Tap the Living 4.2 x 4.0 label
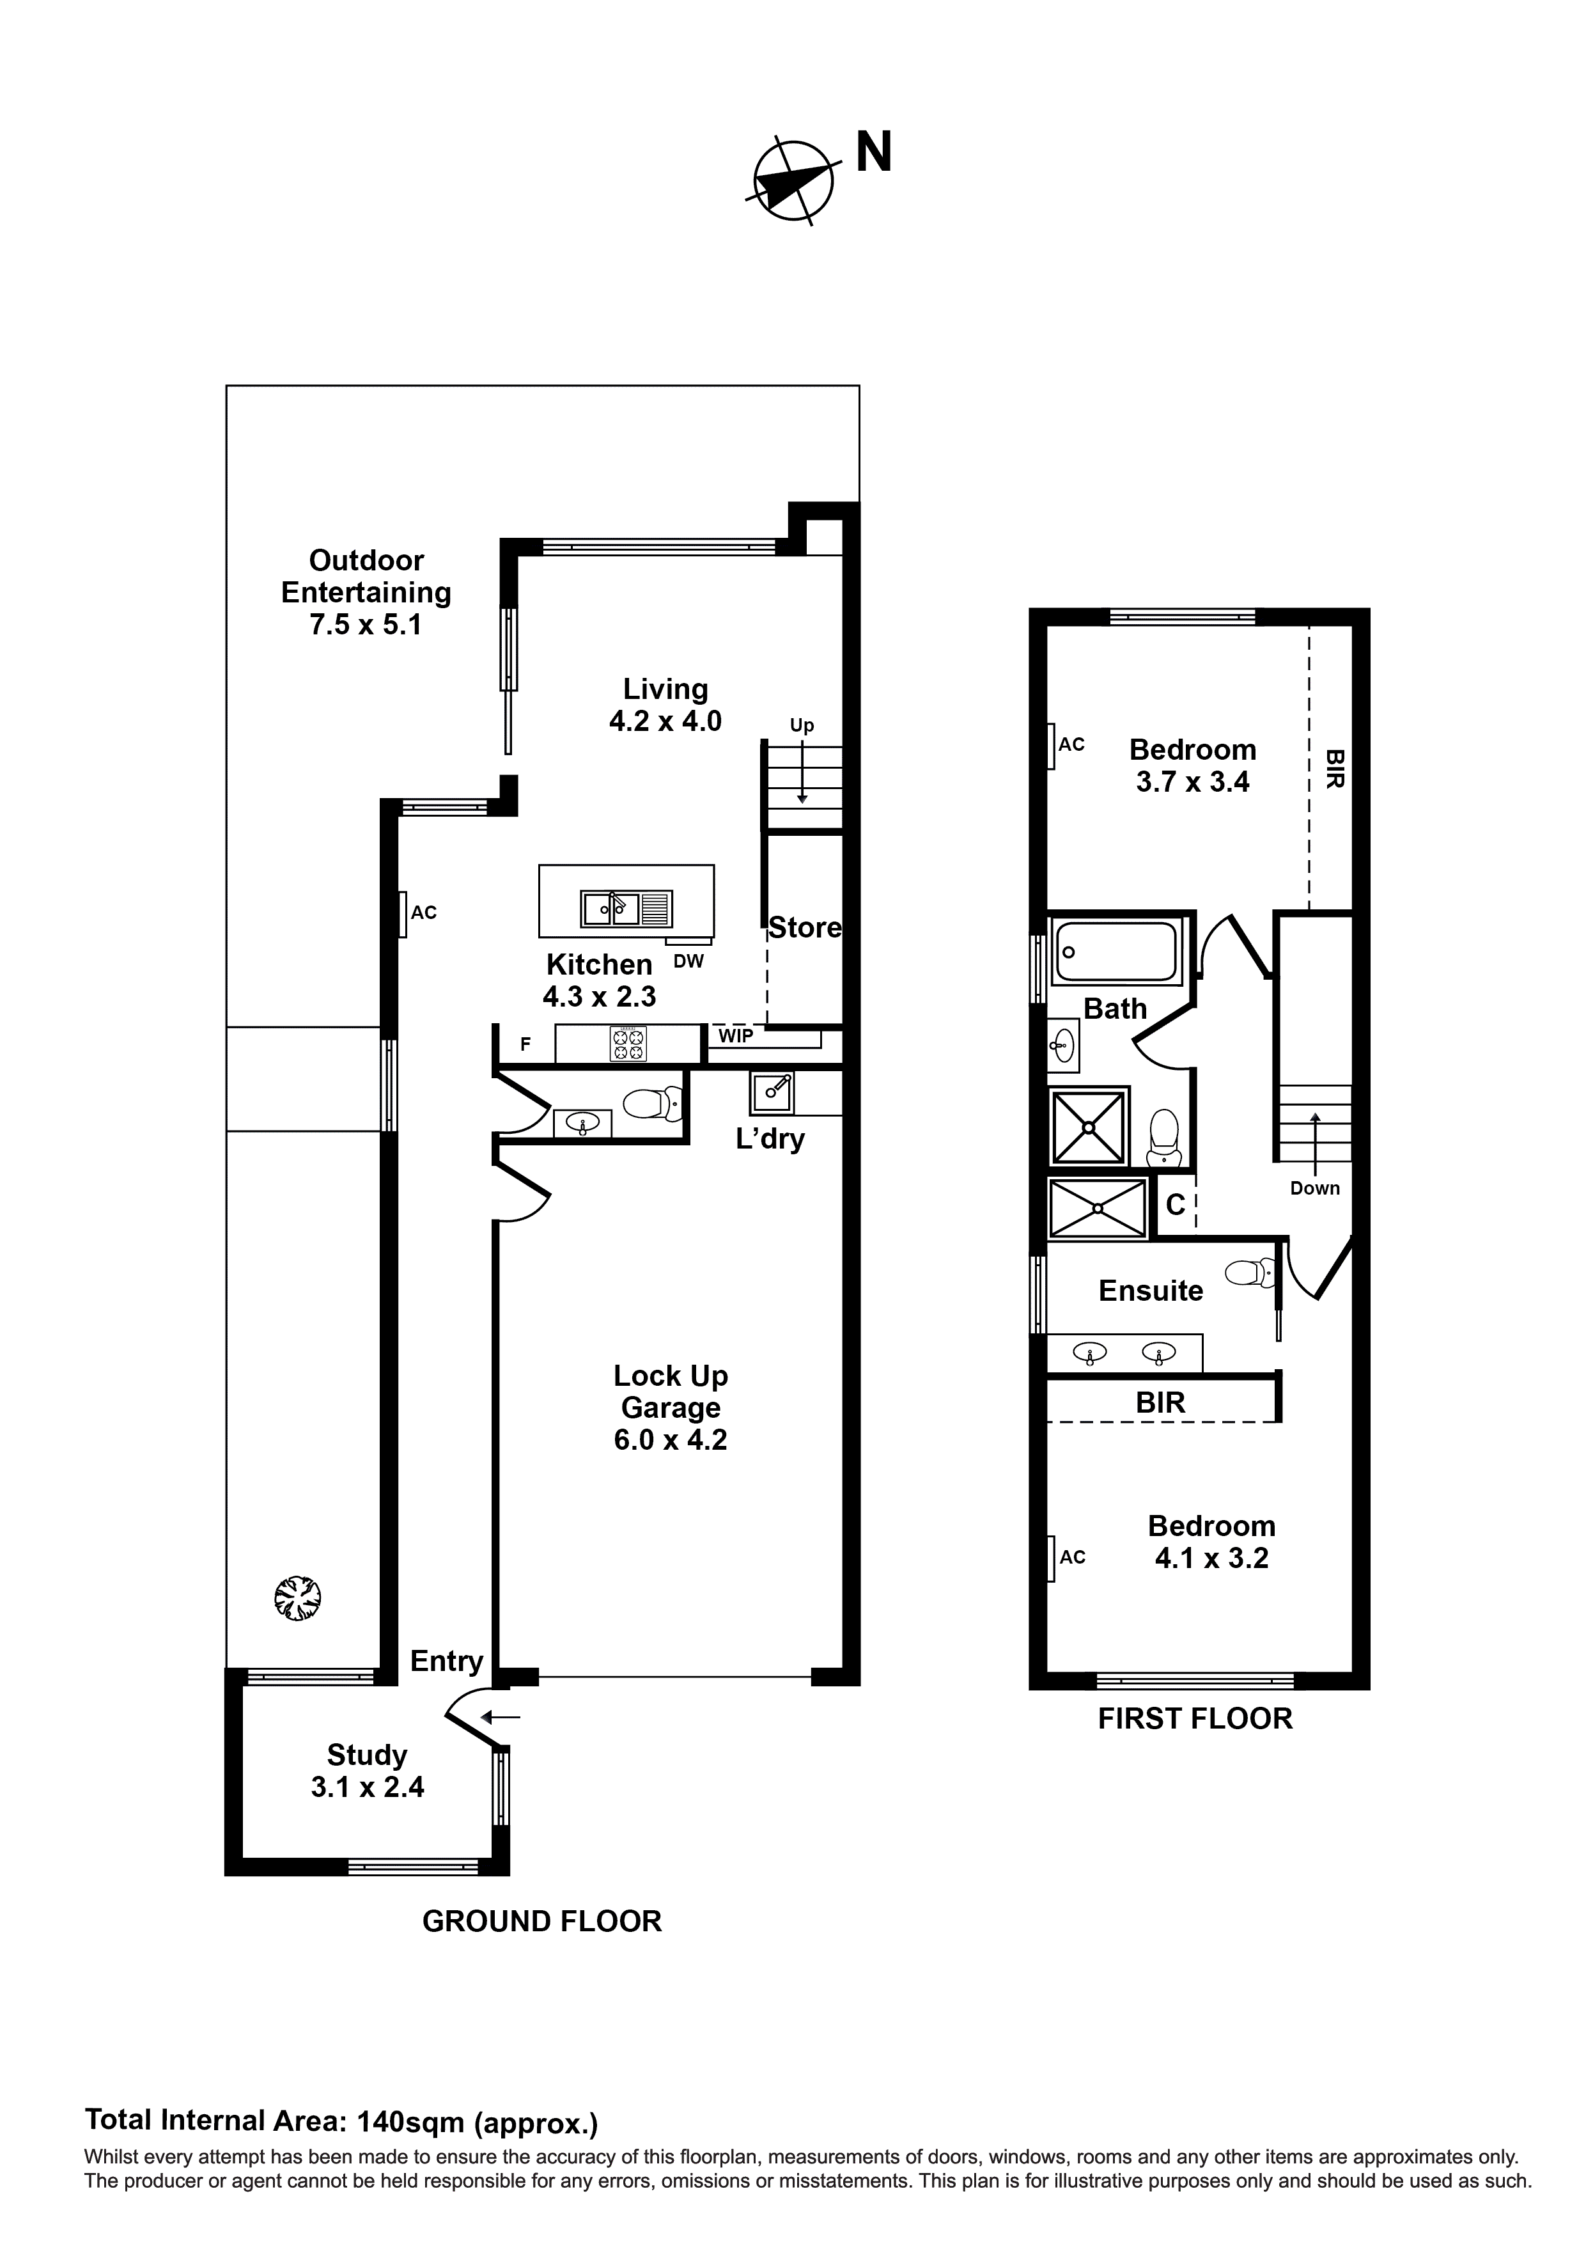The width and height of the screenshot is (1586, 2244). pos(665,705)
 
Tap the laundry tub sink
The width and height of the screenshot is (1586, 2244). pos(772,1092)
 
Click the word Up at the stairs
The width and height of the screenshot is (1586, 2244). pos(801,725)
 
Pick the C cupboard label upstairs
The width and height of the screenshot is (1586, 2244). pos(1176,1205)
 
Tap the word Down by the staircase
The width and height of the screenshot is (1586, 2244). pos(1314,1188)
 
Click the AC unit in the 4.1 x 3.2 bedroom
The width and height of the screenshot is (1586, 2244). pos(1052,1558)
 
